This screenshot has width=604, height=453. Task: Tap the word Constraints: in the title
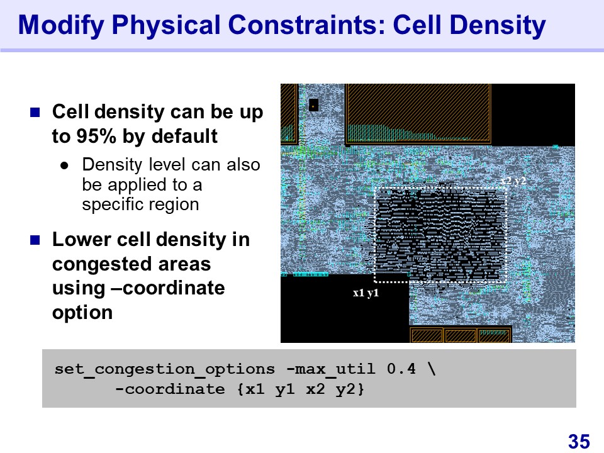pos(307,25)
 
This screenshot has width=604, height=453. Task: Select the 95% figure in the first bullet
pos(96,136)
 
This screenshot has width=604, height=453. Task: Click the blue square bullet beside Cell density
pos(35,112)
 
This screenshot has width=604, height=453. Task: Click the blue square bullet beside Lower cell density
pos(35,240)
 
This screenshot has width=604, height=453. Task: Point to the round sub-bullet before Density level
pos(64,166)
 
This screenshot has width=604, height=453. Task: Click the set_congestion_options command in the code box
pos(164,370)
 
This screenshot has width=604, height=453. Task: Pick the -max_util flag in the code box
pos(332,369)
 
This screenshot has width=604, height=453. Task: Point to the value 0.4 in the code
pos(401,369)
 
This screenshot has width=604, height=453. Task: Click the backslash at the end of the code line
pos(432,369)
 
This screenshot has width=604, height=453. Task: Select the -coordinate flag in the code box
pos(170,389)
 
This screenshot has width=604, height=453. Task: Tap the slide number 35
pos(579,442)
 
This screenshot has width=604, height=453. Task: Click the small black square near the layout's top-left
pos(314,105)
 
